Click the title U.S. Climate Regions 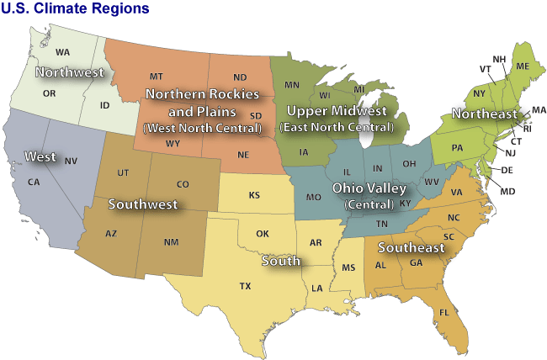[76, 9]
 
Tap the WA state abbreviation [62, 52]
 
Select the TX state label [245, 286]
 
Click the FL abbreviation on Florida [443, 313]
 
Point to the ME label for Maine [523, 66]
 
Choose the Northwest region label [69, 72]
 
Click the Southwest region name [143, 204]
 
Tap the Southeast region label [411, 248]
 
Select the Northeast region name [484, 114]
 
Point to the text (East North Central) [335, 128]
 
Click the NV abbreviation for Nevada [71, 161]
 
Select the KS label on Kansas [254, 195]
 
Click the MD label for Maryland [507, 192]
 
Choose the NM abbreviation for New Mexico [171, 242]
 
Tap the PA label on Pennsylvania [457, 148]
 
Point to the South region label [280, 262]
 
